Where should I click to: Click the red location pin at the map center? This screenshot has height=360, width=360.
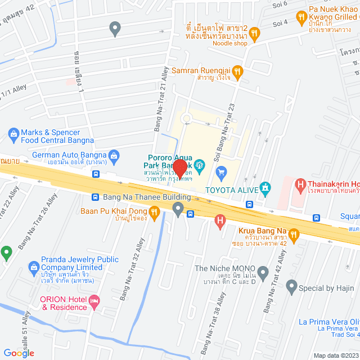pyautogui.click(x=179, y=169)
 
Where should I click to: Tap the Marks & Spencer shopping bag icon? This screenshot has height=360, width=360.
pyautogui.click(x=12, y=133)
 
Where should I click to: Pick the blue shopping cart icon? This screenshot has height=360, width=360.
pyautogui.click(x=220, y=171)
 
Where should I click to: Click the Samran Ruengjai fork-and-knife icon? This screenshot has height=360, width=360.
pyautogui.click(x=237, y=71)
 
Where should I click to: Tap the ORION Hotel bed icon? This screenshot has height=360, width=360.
pyautogui.click(x=94, y=302)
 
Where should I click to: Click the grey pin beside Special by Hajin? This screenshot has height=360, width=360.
pyautogui.click(x=291, y=288)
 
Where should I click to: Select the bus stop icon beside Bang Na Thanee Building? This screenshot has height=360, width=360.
pyautogui.click(x=95, y=197)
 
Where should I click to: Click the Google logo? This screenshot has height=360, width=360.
pyautogui.click(x=19, y=353)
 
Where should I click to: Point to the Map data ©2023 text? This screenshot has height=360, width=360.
pyautogui.click(x=335, y=355)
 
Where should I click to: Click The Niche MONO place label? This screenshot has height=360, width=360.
pyautogui.click(x=224, y=269)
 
